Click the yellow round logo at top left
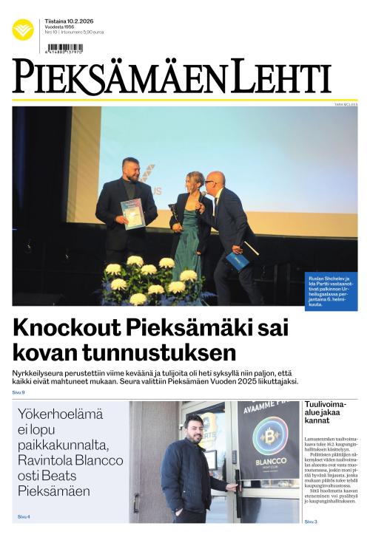click(23, 30)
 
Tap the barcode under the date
click(64, 48)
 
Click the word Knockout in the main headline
click(64, 327)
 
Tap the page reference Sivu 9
click(18, 392)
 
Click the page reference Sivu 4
click(24, 516)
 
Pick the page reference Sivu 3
click(311, 522)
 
